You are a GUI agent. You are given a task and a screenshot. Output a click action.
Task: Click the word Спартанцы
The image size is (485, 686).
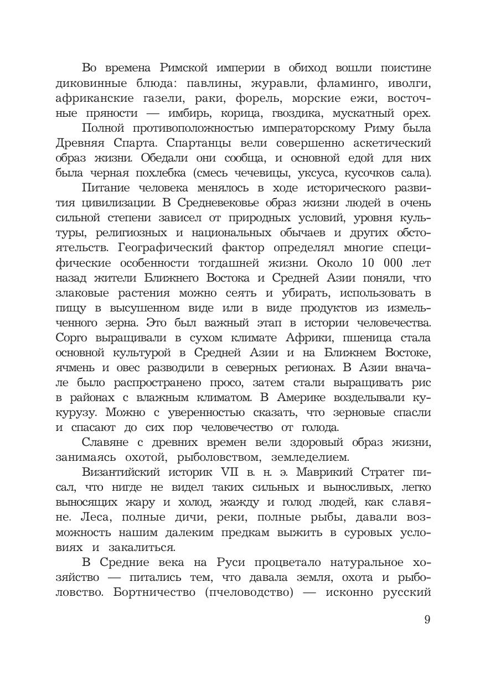[202, 143]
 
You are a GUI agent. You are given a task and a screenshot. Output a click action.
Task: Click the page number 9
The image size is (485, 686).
[427, 619]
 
